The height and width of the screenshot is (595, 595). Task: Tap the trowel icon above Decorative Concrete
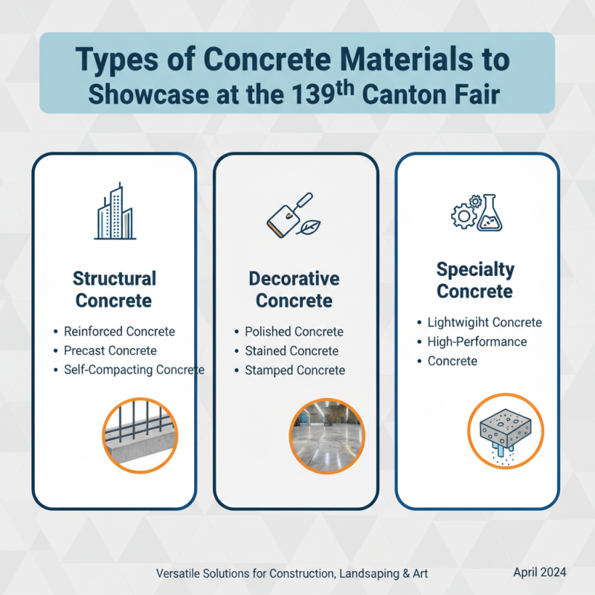tap(287, 215)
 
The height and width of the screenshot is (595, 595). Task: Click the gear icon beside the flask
tap(463, 214)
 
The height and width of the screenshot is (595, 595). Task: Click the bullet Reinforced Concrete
tap(119, 332)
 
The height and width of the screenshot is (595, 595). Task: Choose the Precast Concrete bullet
tap(110, 350)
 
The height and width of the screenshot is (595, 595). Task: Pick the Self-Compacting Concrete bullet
tap(134, 370)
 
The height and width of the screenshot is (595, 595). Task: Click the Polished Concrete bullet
tap(294, 332)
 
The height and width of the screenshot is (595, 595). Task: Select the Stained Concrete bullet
tap(292, 351)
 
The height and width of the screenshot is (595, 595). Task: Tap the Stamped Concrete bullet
tap(295, 370)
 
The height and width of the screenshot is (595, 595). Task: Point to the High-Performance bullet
tap(477, 342)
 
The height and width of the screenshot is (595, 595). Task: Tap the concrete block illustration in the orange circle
tap(506, 431)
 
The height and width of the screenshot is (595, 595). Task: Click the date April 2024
tap(540, 572)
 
